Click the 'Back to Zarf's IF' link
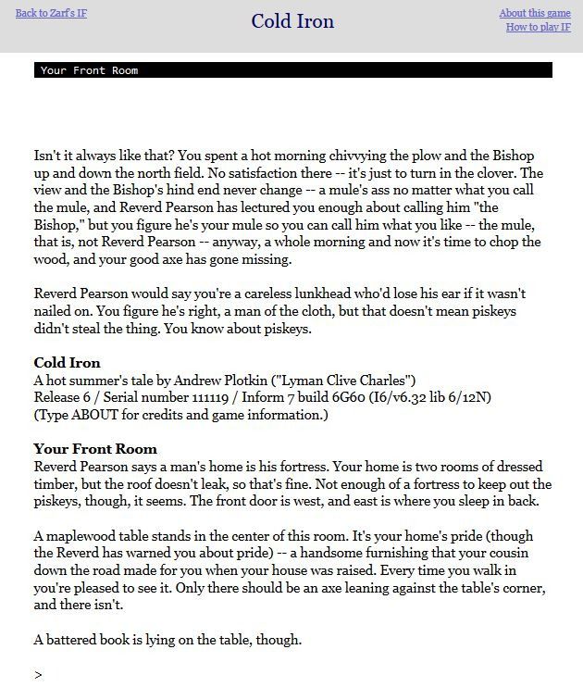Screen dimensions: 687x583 pyautogui.click(x=52, y=13)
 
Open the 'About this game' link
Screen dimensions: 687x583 pyautogui.click(x=535, y=13)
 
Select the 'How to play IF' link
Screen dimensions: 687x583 pyautogui.click(x=538, y=27)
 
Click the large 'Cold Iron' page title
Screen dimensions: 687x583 pyautogui.click(x=292, y=21)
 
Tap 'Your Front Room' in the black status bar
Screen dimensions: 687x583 pyautogui.click(x=89, y=70)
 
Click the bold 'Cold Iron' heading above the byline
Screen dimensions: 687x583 pyautogui.click(x=67, y=362)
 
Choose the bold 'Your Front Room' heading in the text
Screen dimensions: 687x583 pyautogui.click(x=95, y=449)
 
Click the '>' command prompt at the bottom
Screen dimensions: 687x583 pyautogui.click(x=38, y=675)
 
